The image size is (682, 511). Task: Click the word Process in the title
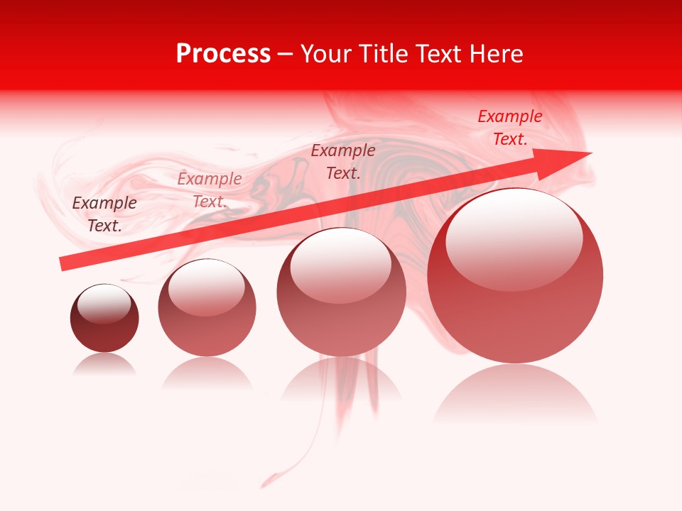pos(223,54)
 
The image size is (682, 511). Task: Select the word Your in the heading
pos(328,54)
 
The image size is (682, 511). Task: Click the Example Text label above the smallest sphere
pos(104,214)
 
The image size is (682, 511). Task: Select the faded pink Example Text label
pos(210,190)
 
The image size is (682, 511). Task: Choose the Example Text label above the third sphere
pos(343,162)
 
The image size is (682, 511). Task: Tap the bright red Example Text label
pos(510,128)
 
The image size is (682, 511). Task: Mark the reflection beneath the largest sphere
pos(515,397)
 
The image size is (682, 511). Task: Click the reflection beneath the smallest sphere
pos(104,365)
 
